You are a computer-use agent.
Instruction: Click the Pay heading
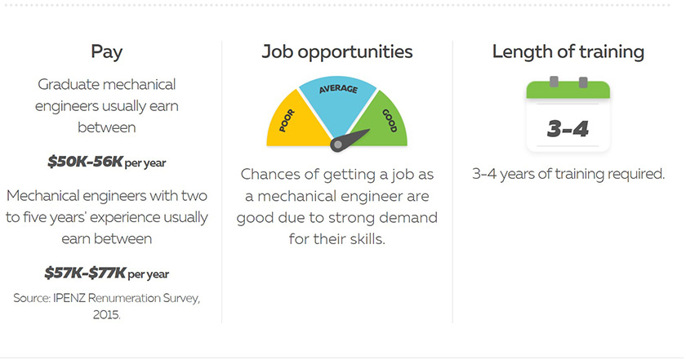tap(107, 52)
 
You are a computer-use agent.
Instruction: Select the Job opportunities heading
tap(336, 51)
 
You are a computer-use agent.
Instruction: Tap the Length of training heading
tap(568, 51)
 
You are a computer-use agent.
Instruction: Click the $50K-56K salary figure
tap(85, 162)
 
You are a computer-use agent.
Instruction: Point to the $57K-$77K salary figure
tap(85, 273)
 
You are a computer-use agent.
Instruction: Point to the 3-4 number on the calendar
tap(568, 129)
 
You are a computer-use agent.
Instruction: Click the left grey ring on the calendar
tap(554, 82)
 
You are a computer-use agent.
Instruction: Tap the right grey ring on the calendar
tap(583, 82)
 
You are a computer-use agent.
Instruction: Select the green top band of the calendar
tap(568, 90)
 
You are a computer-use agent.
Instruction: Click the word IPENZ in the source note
tap(69, 298)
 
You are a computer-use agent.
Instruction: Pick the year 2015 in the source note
tap(106, 314)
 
